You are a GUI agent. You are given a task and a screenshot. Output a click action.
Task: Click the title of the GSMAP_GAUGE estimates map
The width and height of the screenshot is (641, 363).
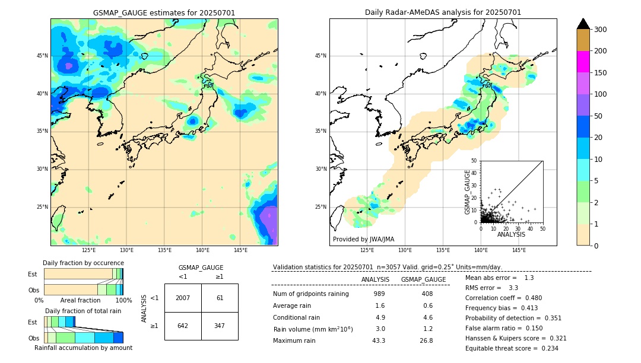point(164,12)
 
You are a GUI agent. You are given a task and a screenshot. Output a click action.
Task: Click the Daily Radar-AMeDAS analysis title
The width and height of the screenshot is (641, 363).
point(443,12)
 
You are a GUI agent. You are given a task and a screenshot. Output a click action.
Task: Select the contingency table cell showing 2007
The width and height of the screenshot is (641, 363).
point(183,298)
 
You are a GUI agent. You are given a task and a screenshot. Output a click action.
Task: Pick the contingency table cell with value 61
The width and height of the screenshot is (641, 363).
point(220,298)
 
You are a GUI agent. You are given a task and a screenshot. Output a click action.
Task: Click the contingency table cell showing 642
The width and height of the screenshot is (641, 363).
point(183,326)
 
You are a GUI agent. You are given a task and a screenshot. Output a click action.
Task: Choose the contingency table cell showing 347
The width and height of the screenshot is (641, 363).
point(220,326)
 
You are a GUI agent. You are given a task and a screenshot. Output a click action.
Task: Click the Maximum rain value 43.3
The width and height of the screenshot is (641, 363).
point(379,340)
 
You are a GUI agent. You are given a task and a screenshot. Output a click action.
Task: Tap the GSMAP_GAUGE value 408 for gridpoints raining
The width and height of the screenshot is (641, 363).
point(427,294)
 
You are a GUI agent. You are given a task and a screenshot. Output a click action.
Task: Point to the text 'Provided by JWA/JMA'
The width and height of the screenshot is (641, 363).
point(363,239)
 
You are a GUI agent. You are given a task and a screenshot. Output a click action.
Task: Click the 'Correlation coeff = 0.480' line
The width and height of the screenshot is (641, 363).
point(503,298)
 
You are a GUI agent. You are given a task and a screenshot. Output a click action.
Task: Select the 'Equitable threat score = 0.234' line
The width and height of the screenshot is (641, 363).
point(512,348)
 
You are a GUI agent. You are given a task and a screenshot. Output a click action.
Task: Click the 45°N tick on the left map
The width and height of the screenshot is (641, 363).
point(42,56)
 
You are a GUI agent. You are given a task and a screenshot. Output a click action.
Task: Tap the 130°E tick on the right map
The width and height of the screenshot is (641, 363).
point(405,250)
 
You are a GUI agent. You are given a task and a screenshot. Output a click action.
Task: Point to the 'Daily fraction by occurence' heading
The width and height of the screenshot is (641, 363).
point(83,263)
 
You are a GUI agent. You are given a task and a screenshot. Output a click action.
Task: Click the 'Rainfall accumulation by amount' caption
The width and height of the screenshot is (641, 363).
point(83,348)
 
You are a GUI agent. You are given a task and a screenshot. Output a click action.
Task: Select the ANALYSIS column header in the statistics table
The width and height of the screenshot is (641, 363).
point(375,279)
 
